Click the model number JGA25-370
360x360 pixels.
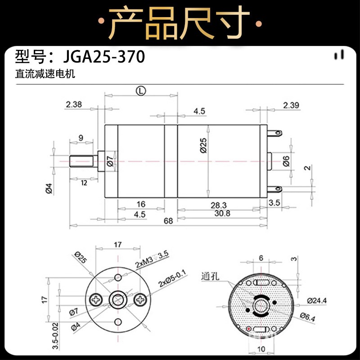click(104, 57)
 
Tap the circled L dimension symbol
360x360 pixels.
click(141, 91)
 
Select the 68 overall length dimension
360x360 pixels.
click(168, 221)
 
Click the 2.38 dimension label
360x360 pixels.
click(74, 104)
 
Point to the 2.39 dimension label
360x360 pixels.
click(291, 105)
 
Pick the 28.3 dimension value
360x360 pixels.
click(219, 205)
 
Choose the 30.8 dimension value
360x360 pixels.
click(222, 213)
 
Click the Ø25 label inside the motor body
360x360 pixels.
click(204, 145)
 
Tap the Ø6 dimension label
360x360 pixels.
click(286, 161)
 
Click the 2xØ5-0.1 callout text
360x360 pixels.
click(173, 279)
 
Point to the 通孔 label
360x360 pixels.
click(210, 276)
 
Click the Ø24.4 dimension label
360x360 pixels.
click(317, 301)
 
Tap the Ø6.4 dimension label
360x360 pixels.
click(308, 317)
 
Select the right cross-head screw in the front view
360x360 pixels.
click(140, 300)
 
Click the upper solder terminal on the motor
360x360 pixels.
click(275, 133)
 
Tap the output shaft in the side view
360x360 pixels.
click(81, 162)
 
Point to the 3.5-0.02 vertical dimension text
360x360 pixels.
click(55, 336)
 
